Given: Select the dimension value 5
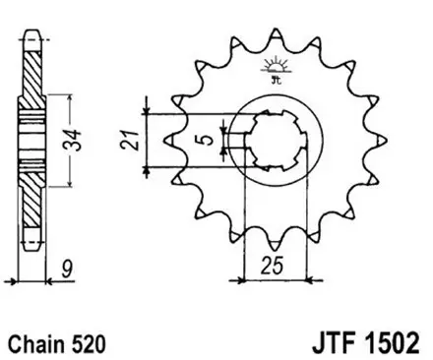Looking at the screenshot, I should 204,139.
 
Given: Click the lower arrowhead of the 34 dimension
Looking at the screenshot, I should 69,183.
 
